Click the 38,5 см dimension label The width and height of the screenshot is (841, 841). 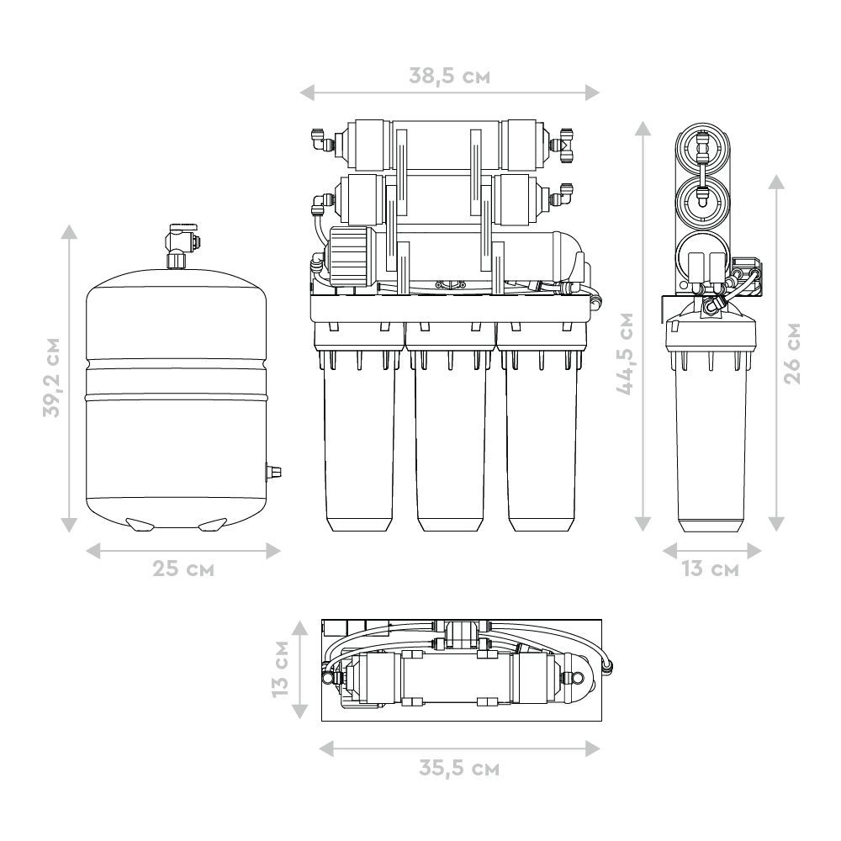tap(449, 77)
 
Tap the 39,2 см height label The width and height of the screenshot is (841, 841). tap(52, 377)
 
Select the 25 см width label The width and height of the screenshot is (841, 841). tap(183, 569)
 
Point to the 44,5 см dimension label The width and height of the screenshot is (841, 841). tap(626, 354)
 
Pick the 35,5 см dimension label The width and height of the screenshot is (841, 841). tap(459, 769)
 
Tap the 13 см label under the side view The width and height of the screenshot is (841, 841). tap(711, 569)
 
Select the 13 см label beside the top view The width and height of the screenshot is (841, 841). tap(281, 669)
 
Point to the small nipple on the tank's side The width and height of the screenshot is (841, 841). tap(274, 473)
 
